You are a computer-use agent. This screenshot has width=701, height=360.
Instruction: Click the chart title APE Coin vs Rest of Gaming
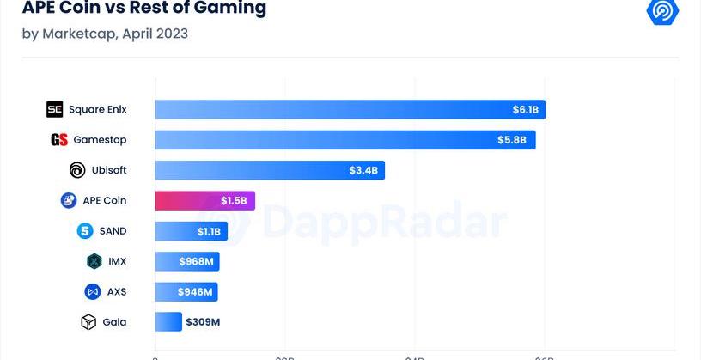[143, 9]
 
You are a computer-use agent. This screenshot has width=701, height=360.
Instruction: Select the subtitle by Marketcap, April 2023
[105, 34]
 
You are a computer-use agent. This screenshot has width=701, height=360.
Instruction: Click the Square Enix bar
[350, 110]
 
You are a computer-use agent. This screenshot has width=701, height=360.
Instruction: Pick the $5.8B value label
[512, 140]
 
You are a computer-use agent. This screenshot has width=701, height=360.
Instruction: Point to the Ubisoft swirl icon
[77, 170]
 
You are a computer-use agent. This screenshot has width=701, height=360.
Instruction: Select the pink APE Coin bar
[204, 201]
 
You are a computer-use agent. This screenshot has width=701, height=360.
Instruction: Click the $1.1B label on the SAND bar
[210, 231]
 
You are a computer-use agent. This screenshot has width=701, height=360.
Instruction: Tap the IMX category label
[117, 261]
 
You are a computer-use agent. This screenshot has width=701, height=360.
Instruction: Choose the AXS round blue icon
[93, 292]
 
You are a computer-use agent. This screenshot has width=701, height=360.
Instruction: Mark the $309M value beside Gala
[203, 322]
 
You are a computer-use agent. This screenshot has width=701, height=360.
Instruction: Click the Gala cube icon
[88, 322]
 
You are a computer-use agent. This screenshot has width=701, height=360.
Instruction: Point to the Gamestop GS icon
[58, 140]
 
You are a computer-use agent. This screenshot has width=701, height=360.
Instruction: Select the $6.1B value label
[525, 110]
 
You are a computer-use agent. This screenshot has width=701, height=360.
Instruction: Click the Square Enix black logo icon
[54, 109]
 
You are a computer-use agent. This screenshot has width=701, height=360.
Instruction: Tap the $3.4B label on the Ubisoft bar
[363, 170]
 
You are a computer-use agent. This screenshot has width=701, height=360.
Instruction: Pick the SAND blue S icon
[85, 231]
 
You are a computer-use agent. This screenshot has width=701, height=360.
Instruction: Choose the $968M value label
[197, 261]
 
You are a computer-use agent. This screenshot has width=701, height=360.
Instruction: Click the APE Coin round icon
[69, 201]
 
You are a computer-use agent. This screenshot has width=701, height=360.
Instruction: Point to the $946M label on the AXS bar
[195, 292]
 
